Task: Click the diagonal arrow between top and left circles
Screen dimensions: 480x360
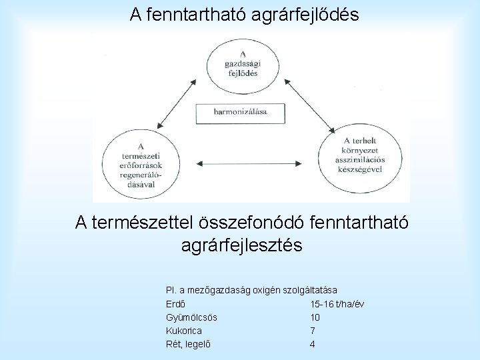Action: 182,101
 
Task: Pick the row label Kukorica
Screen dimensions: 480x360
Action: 183,331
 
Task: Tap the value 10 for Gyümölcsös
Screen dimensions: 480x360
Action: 315,318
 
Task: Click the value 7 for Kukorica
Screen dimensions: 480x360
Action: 312,331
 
